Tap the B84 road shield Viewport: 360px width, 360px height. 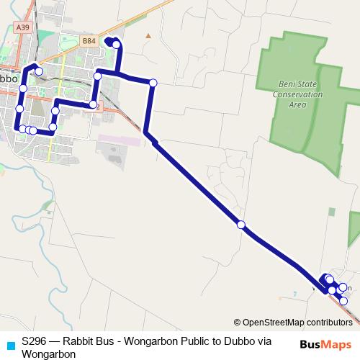point(89,41)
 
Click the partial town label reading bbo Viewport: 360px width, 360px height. point(9,77)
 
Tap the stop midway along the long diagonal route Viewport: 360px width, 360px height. point(241,225)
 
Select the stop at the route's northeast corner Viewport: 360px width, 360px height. point(153,83)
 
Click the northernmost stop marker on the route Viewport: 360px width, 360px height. point(116,45)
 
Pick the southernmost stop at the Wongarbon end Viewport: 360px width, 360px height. point(343,300)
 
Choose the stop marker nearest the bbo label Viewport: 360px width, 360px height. point(23,88)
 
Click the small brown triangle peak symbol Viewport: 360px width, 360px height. point(148,34)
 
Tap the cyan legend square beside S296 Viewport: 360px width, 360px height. point(9,344)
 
